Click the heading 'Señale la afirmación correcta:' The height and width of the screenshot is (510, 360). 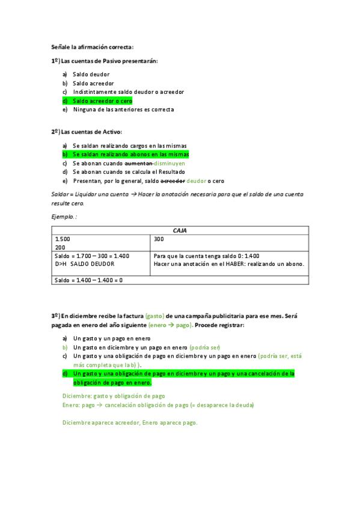click(92, 47)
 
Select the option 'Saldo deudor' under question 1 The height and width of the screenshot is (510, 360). click(91, 75)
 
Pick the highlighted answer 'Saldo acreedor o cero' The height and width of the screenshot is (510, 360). click(102, 101)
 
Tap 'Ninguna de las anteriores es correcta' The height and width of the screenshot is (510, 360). click(123, 109)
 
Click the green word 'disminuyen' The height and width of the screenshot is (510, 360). click(169, 163)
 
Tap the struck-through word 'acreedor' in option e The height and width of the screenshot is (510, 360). click(172, 180)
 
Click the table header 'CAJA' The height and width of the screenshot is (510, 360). click(180, 230)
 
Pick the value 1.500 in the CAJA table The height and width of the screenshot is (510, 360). click(63, 239)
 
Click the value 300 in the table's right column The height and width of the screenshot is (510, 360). click(159, 239)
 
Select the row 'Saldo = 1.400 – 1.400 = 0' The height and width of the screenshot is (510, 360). click(88, 280)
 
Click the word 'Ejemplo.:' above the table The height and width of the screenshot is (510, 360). click(64, 216)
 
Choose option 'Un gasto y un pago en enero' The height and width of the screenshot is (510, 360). click(112, 339)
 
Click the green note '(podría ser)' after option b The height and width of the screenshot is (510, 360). click(205, 348)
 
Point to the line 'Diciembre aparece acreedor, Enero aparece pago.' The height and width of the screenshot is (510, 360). click(130, 422)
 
